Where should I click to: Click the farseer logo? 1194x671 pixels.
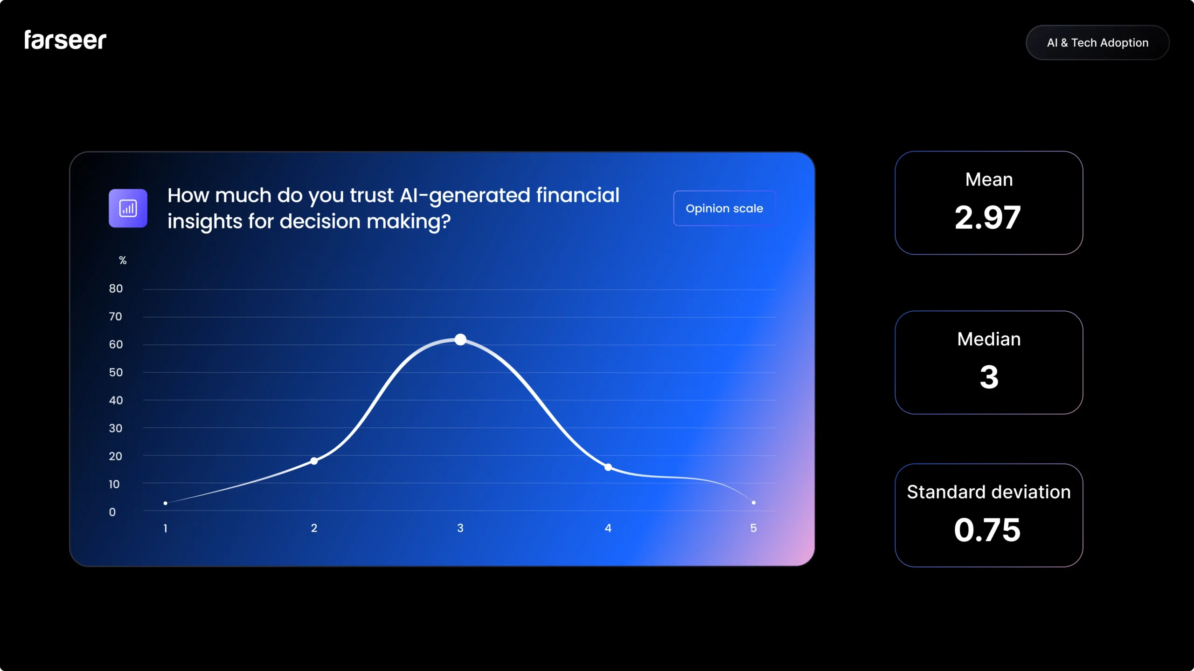[65, 40]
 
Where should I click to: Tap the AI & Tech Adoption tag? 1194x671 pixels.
[1097, 43]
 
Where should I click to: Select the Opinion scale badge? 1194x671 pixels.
[724, 208]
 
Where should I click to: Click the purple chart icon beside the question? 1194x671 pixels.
[128, 208]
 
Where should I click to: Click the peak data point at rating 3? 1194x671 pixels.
[460, 339]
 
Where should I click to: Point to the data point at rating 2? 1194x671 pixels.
[314, 461]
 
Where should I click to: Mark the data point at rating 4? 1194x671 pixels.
[608, 467]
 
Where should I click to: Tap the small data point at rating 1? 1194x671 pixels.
[166, 503]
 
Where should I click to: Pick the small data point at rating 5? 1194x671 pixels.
[754, 502]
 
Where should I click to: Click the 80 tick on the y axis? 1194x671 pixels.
[116, 289]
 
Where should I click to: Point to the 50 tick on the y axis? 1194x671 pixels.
[116, 373]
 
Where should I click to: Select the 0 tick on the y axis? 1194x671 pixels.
[112, 512]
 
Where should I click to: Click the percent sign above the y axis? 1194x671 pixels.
[123, 260]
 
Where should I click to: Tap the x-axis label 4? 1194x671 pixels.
[608, 528]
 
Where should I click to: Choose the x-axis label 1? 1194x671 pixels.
[165, 528]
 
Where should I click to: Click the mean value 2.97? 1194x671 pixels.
[988, 218]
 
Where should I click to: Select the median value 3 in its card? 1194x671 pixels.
[989, 377]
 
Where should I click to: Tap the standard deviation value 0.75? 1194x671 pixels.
[987, 530]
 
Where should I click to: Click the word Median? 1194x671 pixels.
[989, 339]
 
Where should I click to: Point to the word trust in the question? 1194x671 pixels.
[372, 196]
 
